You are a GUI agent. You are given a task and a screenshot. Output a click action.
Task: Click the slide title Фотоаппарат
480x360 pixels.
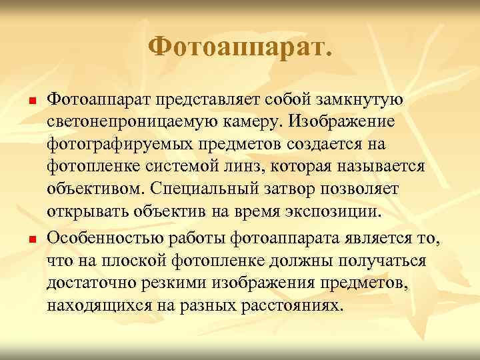pos(239,47)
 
